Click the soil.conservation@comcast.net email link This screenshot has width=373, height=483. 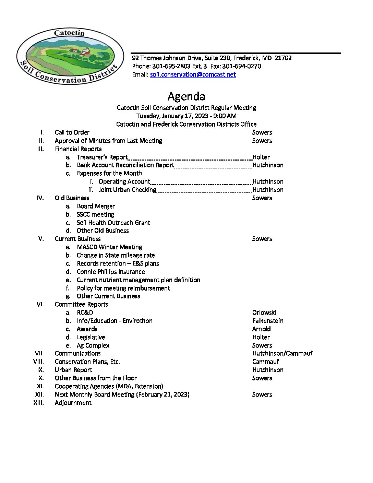tap(193, 74)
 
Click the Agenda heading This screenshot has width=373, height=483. tap(186, 96)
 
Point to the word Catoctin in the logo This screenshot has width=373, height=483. tap(69, 33)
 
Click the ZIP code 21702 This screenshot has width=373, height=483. tap(283, 58)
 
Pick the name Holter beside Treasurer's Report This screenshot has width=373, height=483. tap(261, 157)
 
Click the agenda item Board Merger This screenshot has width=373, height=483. tap(96, 206)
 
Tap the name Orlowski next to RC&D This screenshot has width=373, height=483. tap(264, 313)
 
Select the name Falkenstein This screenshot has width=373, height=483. tap(268, 321)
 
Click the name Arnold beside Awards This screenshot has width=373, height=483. tap(261, 329)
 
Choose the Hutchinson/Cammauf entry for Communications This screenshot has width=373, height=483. tap(282, 353)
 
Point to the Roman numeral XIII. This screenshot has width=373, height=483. tap(39, 403)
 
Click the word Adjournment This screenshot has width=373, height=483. tap(73, 403)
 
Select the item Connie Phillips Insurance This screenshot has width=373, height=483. tap(111, 272)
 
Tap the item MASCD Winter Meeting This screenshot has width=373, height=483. tap(109, 247)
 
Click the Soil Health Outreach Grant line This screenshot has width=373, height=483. tap(113, 223)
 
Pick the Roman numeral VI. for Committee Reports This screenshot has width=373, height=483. tap(40, 304)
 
